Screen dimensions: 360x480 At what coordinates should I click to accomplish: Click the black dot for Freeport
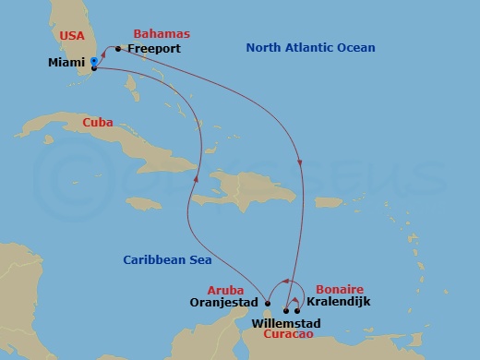pos(119,48)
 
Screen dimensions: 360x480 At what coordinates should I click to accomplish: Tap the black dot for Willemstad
pos(285,311)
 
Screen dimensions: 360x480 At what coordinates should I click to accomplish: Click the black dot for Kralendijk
pos(297,311)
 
